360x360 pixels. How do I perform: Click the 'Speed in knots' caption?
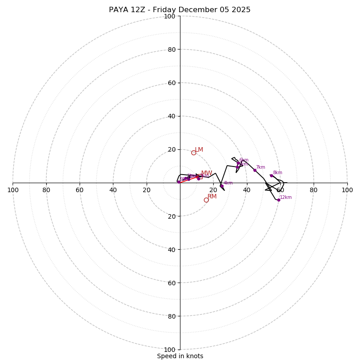pos(180,356)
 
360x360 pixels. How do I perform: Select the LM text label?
pos(199,150)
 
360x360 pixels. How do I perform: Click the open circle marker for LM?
pos(193,153)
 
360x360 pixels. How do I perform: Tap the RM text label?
pos(212,197)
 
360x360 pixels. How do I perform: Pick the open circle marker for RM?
pos(206,200)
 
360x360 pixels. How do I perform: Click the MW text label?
pos(207,173)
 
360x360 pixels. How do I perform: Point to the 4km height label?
pos(228,183)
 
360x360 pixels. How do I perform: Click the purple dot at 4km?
pos(221,185)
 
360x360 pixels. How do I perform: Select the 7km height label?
pos(261,167)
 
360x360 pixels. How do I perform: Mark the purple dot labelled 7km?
pos(255,170)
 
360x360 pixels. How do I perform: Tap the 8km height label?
pos(278,173)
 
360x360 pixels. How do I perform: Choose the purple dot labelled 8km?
pos(271,175)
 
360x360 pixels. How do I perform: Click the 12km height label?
pos(286,198)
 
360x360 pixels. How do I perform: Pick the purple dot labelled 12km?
pos(279,200)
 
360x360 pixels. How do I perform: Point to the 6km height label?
pos(244,160)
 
